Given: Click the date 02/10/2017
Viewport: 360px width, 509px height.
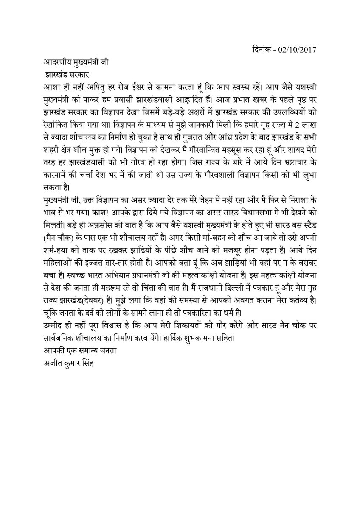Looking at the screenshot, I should [x=298, y=49].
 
